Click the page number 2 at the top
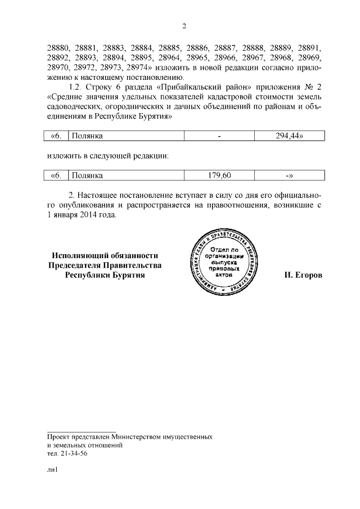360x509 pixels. [x=184, y=26]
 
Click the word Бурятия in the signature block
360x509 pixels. [x=127, y=276]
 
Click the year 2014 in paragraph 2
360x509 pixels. [x=91, y=215]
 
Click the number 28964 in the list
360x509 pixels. [x=169, y=58]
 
